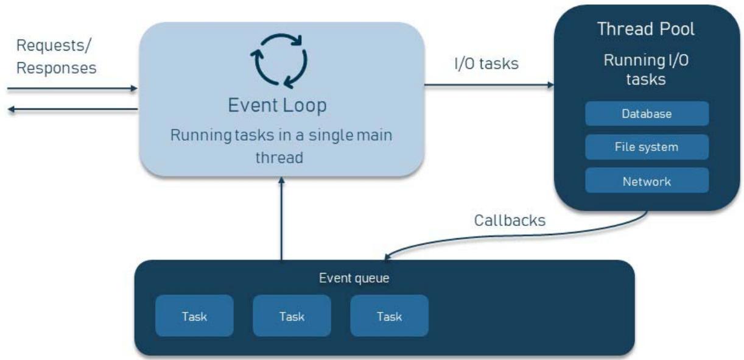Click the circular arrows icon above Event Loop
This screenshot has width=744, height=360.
point(279,60)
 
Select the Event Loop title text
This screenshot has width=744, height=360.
point(277,105)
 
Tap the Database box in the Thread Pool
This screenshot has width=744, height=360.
point(647,114)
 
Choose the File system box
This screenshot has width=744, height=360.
point(647,147)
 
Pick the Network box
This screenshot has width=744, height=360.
point(647,181)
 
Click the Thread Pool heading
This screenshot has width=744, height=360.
point(645,29)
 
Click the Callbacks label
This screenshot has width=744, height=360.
point(510,221)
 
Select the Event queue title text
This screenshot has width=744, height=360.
point(354,278)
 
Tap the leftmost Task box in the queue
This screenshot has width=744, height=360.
point(194,316)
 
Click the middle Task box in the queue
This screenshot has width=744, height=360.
point(292,316)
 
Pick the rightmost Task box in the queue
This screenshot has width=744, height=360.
point(389,316)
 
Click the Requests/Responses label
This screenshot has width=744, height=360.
point(56,57)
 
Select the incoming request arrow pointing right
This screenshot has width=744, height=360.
point(73,89)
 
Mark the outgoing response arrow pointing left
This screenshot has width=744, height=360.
point(73,110)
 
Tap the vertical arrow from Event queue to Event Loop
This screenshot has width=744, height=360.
point(281,219)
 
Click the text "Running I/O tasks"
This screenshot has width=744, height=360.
point(647,69)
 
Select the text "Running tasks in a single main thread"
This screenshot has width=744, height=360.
point(281,146)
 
